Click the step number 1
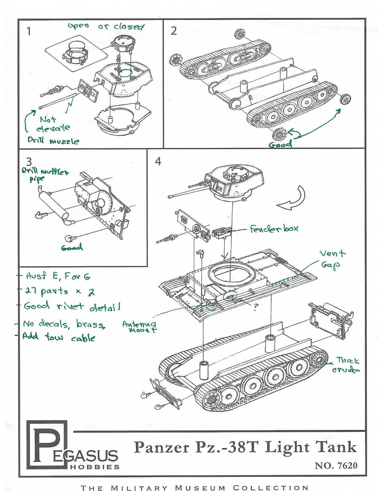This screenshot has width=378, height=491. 29,32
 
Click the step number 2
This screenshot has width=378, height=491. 174,31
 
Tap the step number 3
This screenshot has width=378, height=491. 29,161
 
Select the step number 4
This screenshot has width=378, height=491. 158,162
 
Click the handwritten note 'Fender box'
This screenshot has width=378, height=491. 274,228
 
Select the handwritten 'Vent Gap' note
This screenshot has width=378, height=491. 332,259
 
